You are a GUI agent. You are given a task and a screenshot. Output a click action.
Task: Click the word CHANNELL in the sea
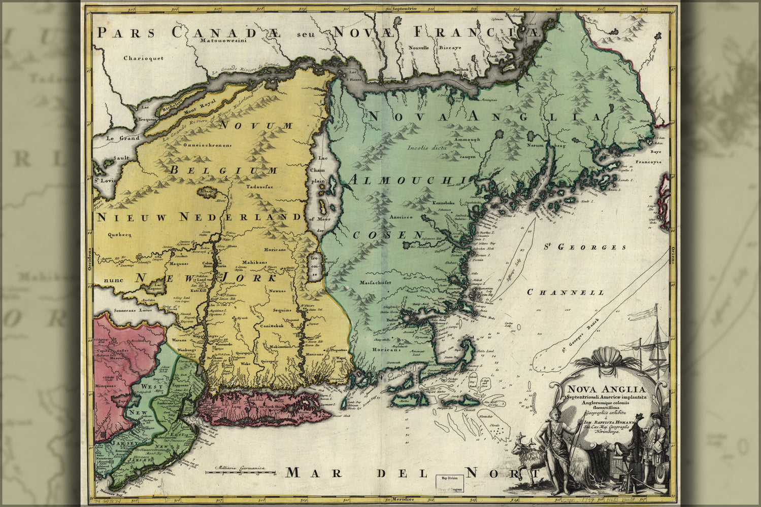pyautogui.click(x=566, y=293)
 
